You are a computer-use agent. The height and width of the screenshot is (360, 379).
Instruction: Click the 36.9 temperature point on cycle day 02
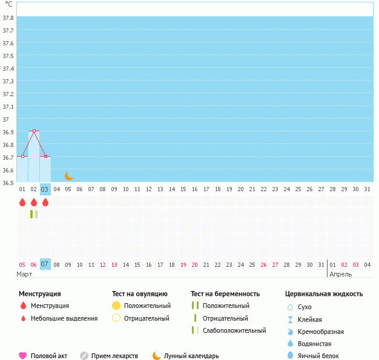click(x=34, y=131)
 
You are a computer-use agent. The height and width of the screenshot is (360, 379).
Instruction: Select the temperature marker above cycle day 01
click(x=22, y=156)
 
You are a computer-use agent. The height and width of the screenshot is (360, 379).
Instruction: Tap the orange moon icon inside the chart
click(x=69, y=176)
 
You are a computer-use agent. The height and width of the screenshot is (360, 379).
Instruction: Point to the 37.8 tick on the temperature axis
click(x=8, y=18)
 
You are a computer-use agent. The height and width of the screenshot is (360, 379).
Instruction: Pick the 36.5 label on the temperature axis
click(x=8, y=183)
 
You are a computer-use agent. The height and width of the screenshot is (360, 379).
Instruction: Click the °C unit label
click(x=8, y=4)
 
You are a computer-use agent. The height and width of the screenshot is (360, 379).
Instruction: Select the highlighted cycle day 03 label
click(x=45, y=189)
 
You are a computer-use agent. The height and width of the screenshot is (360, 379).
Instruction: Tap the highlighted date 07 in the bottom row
click(x=45, y=264)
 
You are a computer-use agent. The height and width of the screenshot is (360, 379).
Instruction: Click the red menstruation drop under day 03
click(x=45, y=202)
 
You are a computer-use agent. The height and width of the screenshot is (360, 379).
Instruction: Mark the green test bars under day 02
click(x=34, y=214)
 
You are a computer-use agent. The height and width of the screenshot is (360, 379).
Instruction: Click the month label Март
click(x=25, y=274)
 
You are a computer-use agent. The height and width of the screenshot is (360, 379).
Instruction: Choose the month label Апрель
click(x=340, y=274)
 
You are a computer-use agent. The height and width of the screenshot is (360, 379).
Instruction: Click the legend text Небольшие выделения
click(x=64, y=318)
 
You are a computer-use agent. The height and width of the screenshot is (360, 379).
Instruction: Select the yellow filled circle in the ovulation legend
click(x=116, y=306)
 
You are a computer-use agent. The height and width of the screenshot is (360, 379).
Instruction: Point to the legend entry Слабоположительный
click(x=234, y=330)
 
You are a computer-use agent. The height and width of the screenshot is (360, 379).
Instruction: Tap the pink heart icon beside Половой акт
click(x=23, y=356)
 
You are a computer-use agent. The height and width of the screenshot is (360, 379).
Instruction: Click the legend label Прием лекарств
click(x=114, y=356)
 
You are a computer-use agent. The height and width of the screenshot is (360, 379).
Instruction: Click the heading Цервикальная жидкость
click(x=324, y=293)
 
